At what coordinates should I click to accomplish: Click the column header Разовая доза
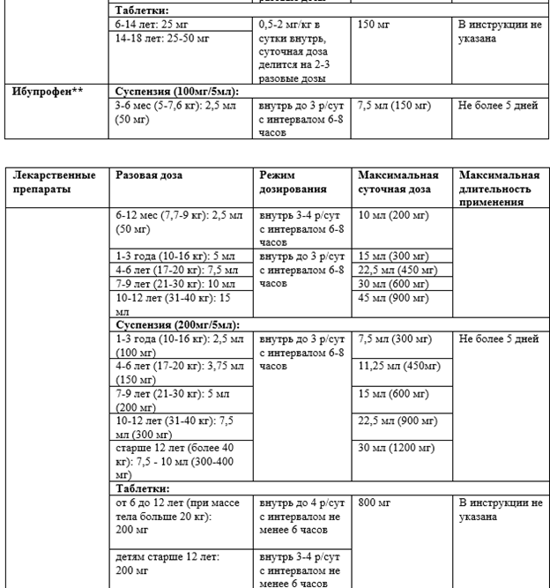click(149, 175)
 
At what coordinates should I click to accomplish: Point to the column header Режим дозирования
click(292, 182)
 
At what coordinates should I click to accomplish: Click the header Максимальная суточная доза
click(398, 182)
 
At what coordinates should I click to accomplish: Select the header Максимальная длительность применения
click(499, 188)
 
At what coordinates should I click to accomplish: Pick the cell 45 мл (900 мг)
click(395, 299)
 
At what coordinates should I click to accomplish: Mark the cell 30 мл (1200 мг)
click(396, 448)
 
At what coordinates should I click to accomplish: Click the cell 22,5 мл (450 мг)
click(397, 271)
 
